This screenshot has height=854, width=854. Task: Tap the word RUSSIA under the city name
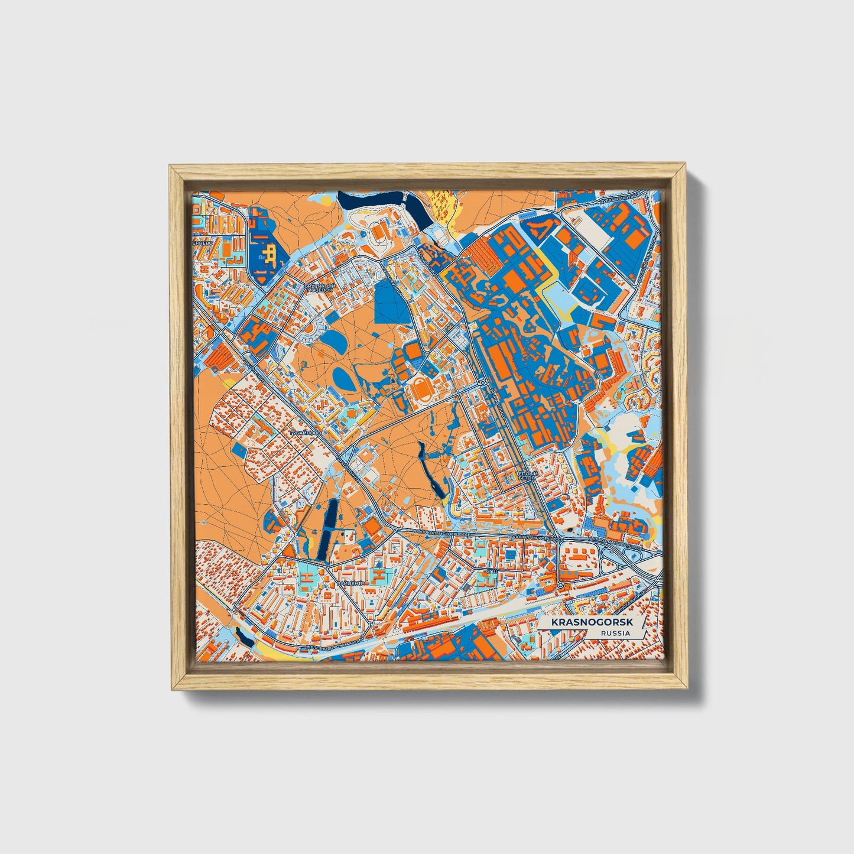[x=614, y=634]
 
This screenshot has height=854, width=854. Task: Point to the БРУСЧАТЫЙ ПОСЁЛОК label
[x=320, y=288]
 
